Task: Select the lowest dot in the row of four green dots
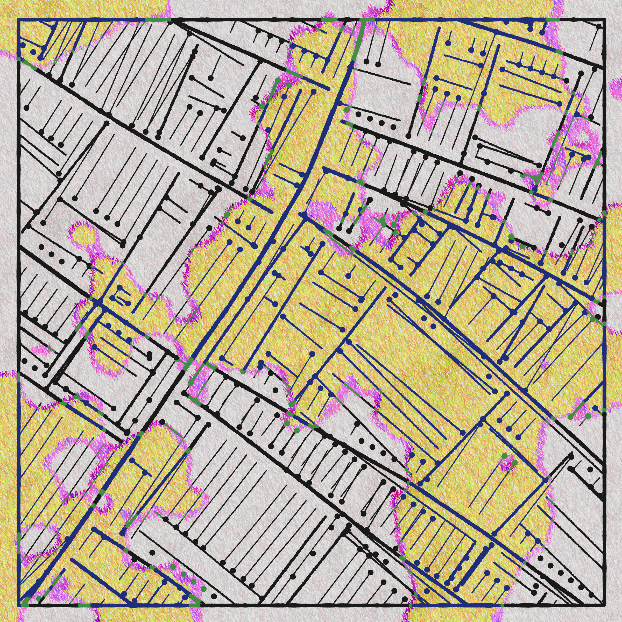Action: (203, 589)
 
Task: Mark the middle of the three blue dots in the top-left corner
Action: (33, 52)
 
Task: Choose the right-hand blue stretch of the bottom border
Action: (457, 605)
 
